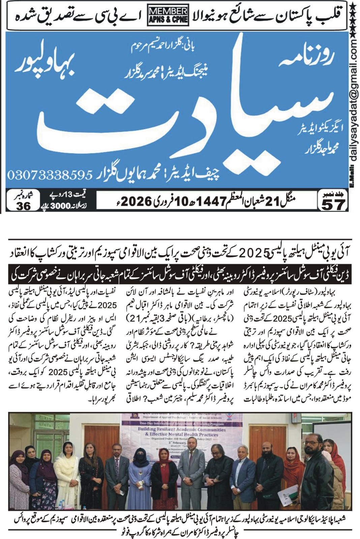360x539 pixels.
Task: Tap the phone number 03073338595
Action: point(50,175)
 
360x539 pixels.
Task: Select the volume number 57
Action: point(334,204)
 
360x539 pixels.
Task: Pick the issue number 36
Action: point(23,206)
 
